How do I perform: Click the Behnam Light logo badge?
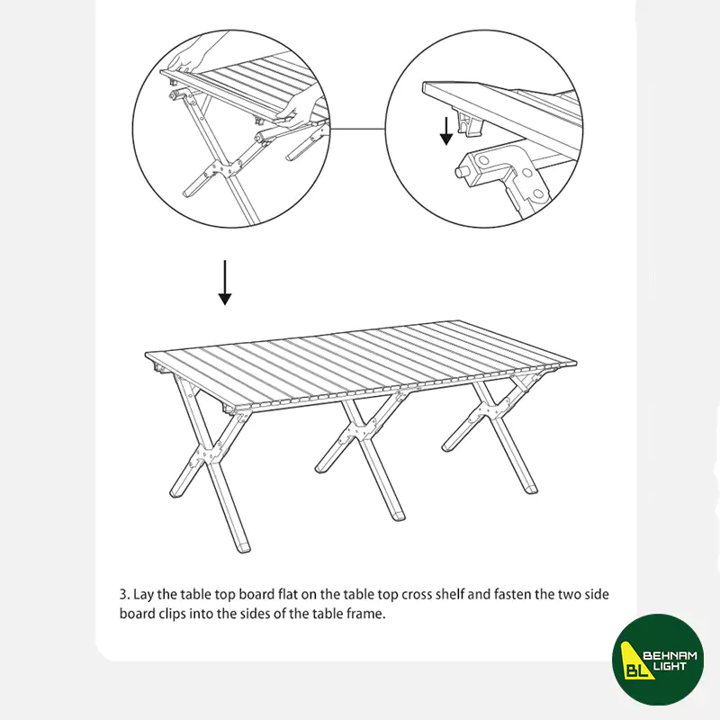[x=658, y=660]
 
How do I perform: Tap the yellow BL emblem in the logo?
[x=635, y=661]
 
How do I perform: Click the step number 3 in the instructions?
[x=122, y=594]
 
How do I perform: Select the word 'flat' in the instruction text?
[x=288, y=594]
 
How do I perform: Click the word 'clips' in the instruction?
[x=172, y=614]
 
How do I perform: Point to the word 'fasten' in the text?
[x=512, y=594]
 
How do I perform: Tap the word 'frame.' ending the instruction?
[x=366, y=614]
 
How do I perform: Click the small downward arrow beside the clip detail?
[x=445, y=130]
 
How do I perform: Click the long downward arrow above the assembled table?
[x=224, y=283]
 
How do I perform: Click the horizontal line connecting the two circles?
[x=357, y=129]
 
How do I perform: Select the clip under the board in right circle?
[x=470, y=121]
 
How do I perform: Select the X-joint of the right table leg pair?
[x=488, y=409]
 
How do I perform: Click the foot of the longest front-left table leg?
[x=242, y=546]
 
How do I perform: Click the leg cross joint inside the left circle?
[x=224, y=169]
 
